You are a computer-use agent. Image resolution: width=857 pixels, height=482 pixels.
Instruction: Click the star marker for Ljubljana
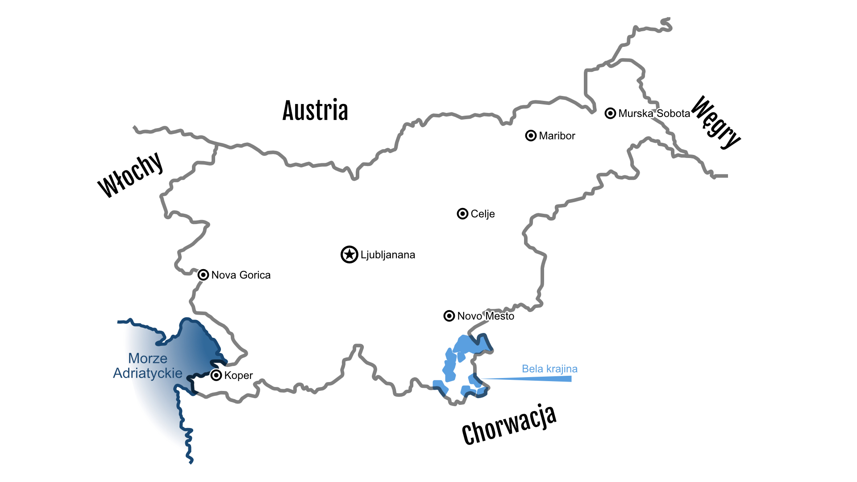coord(349,254)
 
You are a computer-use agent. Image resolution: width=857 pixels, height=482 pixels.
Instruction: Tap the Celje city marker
coord(462,214)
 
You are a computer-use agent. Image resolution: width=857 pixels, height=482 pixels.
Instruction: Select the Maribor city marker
coord(531,136)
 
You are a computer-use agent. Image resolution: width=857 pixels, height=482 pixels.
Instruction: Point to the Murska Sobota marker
coord(610,113)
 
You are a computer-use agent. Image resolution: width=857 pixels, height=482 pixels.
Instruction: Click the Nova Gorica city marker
coord(203,275)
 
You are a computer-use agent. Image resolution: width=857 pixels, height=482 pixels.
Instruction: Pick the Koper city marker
coord(216,375)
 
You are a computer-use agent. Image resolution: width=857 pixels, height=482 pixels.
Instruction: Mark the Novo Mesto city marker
coord(449,316)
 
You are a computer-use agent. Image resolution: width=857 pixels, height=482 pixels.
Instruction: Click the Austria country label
coord(315,111)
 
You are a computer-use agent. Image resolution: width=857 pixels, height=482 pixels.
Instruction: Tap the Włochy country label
coord(130,175)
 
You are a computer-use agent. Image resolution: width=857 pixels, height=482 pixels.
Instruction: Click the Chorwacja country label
coord(509,425)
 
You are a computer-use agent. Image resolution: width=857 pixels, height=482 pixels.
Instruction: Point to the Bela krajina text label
coord(549,369)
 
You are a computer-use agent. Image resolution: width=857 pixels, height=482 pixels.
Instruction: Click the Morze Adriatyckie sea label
coord(148,366)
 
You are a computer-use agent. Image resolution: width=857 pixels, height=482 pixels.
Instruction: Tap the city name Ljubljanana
coord(388,255)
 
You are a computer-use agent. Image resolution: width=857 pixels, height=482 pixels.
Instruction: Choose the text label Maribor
coord(557,136)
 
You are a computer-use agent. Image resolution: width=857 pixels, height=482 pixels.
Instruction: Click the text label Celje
coord(483,214)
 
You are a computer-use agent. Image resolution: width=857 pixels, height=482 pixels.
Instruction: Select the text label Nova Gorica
coord(241,275)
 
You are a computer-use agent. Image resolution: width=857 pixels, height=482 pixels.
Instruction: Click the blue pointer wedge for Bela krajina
coord(536,379)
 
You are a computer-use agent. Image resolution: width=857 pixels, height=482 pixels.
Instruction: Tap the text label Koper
coord(238,375)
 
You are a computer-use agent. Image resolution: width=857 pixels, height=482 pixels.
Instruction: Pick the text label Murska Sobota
coord(654,113)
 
